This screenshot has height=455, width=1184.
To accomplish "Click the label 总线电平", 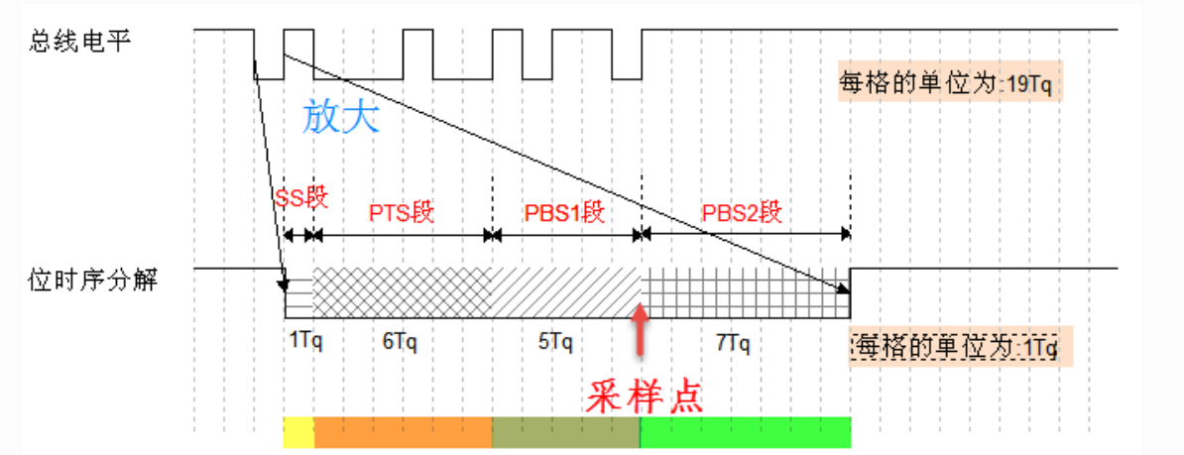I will point(79,42).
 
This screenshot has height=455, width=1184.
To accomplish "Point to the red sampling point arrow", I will point(642,330).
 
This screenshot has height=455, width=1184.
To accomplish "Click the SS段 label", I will point(298,196).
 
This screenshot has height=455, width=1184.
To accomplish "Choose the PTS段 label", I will point(403,213).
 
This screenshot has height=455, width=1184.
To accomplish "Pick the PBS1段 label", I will point(564,213).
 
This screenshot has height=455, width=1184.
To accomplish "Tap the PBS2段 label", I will point(743,213).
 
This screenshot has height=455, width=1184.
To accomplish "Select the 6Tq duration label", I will point(399,340).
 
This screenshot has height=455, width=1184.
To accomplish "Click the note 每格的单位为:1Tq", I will point(956,347).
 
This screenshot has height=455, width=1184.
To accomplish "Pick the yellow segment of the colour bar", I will point(298,432).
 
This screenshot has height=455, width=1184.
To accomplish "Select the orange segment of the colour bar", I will point(403,432).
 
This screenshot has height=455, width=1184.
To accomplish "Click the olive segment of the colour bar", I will point(566,432).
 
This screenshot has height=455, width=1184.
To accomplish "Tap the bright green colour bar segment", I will point(746,432).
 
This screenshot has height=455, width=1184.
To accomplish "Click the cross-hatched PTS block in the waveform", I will point(403,290).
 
